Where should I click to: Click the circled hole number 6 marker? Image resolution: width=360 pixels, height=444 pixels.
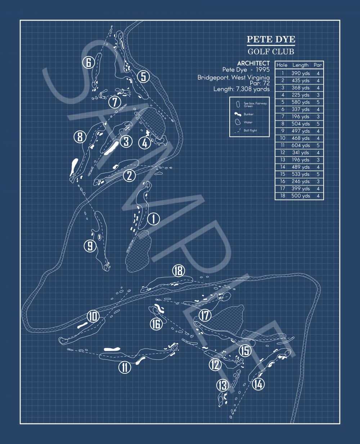tap(88, 62)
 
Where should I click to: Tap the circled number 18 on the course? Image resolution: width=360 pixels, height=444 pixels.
tap(179, 270)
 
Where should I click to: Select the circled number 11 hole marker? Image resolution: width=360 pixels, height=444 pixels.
tap(125, 367)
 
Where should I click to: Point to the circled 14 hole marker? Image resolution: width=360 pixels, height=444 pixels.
tap(258, 384)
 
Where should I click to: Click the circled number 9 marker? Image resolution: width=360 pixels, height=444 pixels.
tap(90, 246)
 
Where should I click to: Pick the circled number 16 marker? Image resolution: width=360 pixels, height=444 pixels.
tap(156, 324)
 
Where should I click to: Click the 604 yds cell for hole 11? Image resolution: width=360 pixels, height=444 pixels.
tap(301, 145)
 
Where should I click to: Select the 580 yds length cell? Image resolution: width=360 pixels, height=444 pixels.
tap(301, 102)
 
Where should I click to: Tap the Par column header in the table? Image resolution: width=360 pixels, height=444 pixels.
tap(318, 65)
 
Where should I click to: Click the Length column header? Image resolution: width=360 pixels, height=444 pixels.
tap(300, 65)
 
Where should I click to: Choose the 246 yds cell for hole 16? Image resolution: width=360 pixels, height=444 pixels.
tap(301, 181)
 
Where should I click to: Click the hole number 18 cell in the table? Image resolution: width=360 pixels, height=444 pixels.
tap(283, 196)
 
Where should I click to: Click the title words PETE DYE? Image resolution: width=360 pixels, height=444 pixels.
tap(271, 40)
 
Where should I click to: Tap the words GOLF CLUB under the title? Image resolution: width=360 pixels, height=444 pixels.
tap(271, 51)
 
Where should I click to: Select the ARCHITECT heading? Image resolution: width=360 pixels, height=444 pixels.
tap(253, 63)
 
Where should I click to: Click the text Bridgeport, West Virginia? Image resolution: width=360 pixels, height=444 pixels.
tap(233, 77)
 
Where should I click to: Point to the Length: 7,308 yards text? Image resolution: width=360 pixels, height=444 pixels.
tap(241, 89)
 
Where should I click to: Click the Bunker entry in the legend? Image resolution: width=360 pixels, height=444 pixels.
tap(248, 114)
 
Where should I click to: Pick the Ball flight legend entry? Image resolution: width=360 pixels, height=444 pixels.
tap(250, 130)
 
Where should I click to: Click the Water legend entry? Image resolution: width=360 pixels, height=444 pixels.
tap(248, 122)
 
